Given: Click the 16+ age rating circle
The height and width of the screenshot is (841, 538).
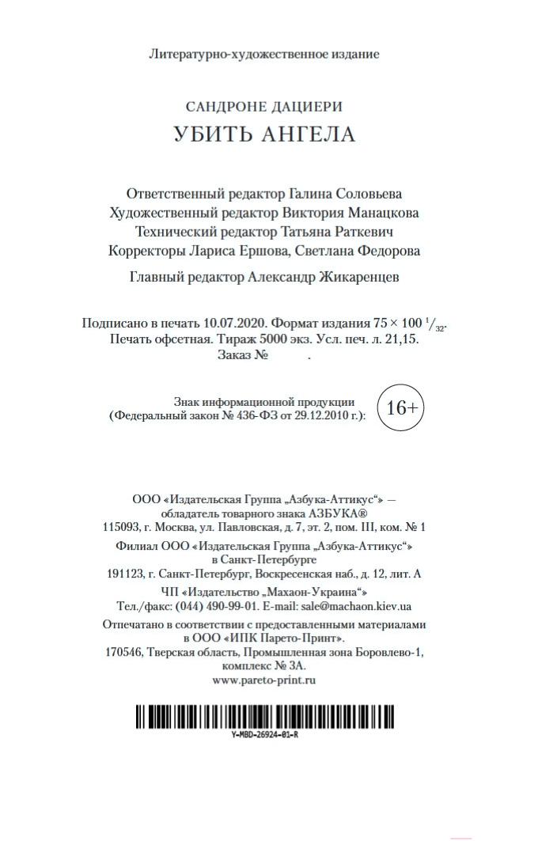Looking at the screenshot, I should click(x=402, y=407).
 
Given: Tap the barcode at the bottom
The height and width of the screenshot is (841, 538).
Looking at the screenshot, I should click(x=265, y=716).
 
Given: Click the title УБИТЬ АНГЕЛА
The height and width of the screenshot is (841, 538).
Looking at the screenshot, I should click(x=264, y=134).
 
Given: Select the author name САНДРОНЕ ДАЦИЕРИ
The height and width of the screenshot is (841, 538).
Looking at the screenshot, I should click(x=263, y=106).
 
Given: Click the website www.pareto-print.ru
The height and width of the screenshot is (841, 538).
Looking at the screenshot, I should click(x=264, y=680).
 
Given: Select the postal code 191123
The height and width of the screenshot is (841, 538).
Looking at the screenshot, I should click(x=125, y=574).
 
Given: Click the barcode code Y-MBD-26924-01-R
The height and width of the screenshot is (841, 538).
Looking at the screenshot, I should click(x=265, y=735).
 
